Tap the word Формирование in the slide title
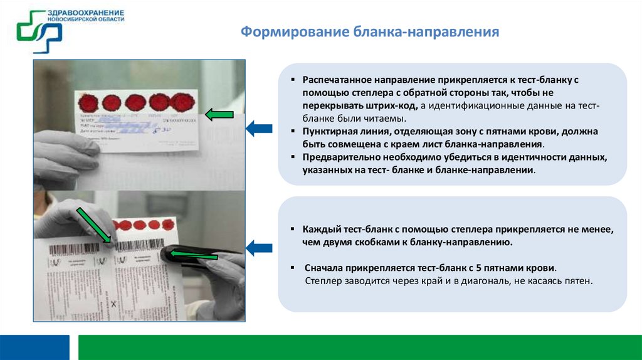282,32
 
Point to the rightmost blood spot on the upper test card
182,101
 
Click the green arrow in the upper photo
219,114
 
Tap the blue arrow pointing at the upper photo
258,129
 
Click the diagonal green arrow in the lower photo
93,225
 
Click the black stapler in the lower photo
201,254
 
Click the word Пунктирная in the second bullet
330,132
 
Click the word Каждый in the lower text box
321,230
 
